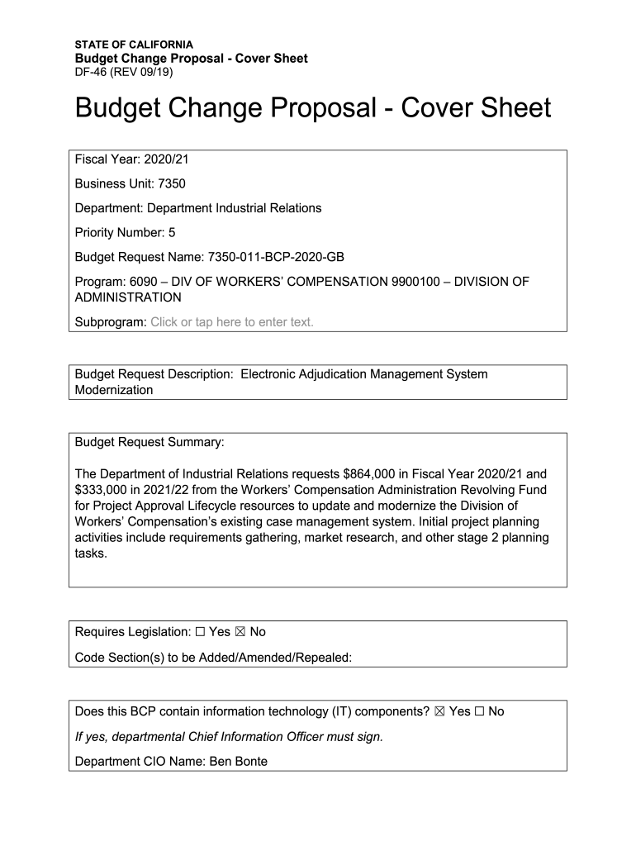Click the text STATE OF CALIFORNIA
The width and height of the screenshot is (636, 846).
(134, 44)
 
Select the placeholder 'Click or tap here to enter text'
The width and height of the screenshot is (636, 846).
(232, 322)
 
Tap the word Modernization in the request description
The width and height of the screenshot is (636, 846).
(114, 390)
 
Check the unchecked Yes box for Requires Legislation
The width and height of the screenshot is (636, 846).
(200, 632)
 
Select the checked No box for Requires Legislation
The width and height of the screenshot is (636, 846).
(240, 632)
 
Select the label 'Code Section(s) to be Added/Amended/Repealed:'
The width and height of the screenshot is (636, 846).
(213, 658)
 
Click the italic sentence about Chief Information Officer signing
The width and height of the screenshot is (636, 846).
(229, 737)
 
